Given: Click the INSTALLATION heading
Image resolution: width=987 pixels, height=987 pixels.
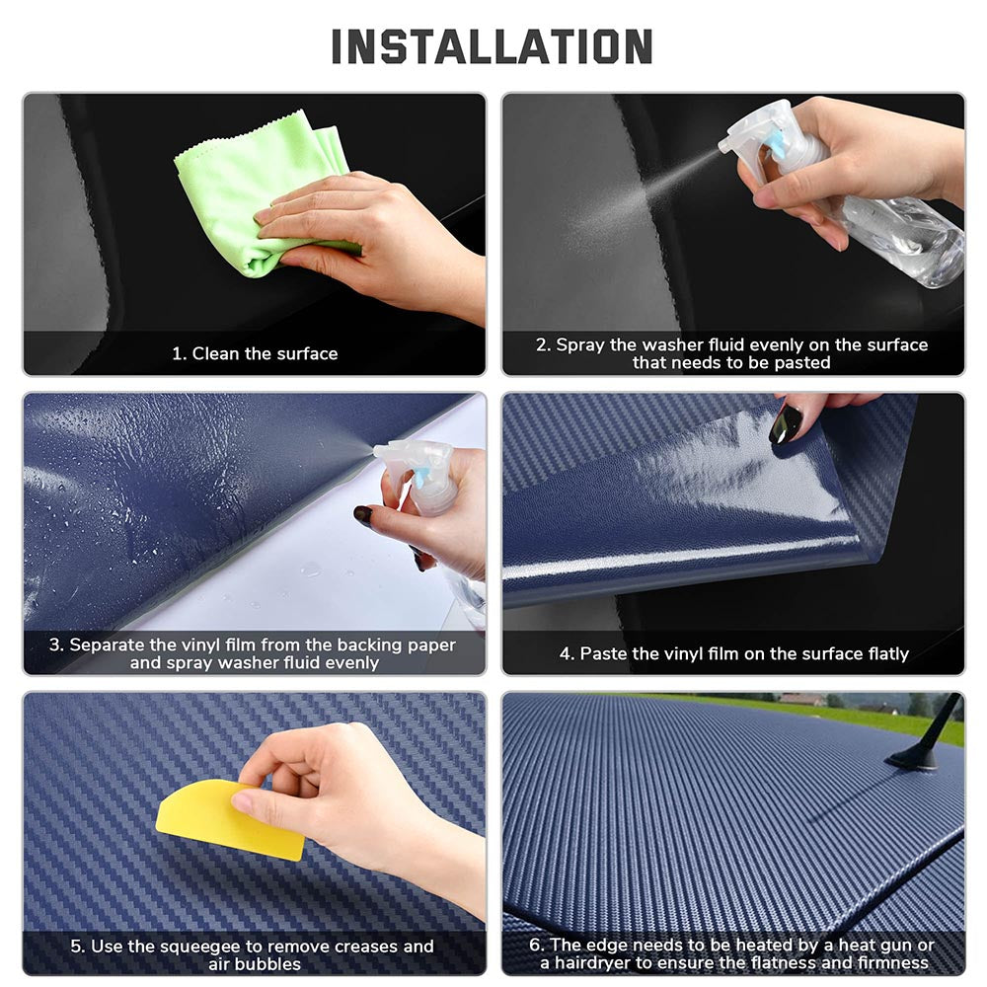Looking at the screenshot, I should tap(492, 46).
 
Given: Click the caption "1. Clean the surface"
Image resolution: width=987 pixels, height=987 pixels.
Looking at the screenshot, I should tap(255, 353).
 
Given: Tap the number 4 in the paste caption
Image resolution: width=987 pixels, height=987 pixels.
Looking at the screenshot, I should tap(566, 653).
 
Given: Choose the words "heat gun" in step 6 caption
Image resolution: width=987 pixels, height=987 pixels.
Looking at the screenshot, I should tap(874, 946).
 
